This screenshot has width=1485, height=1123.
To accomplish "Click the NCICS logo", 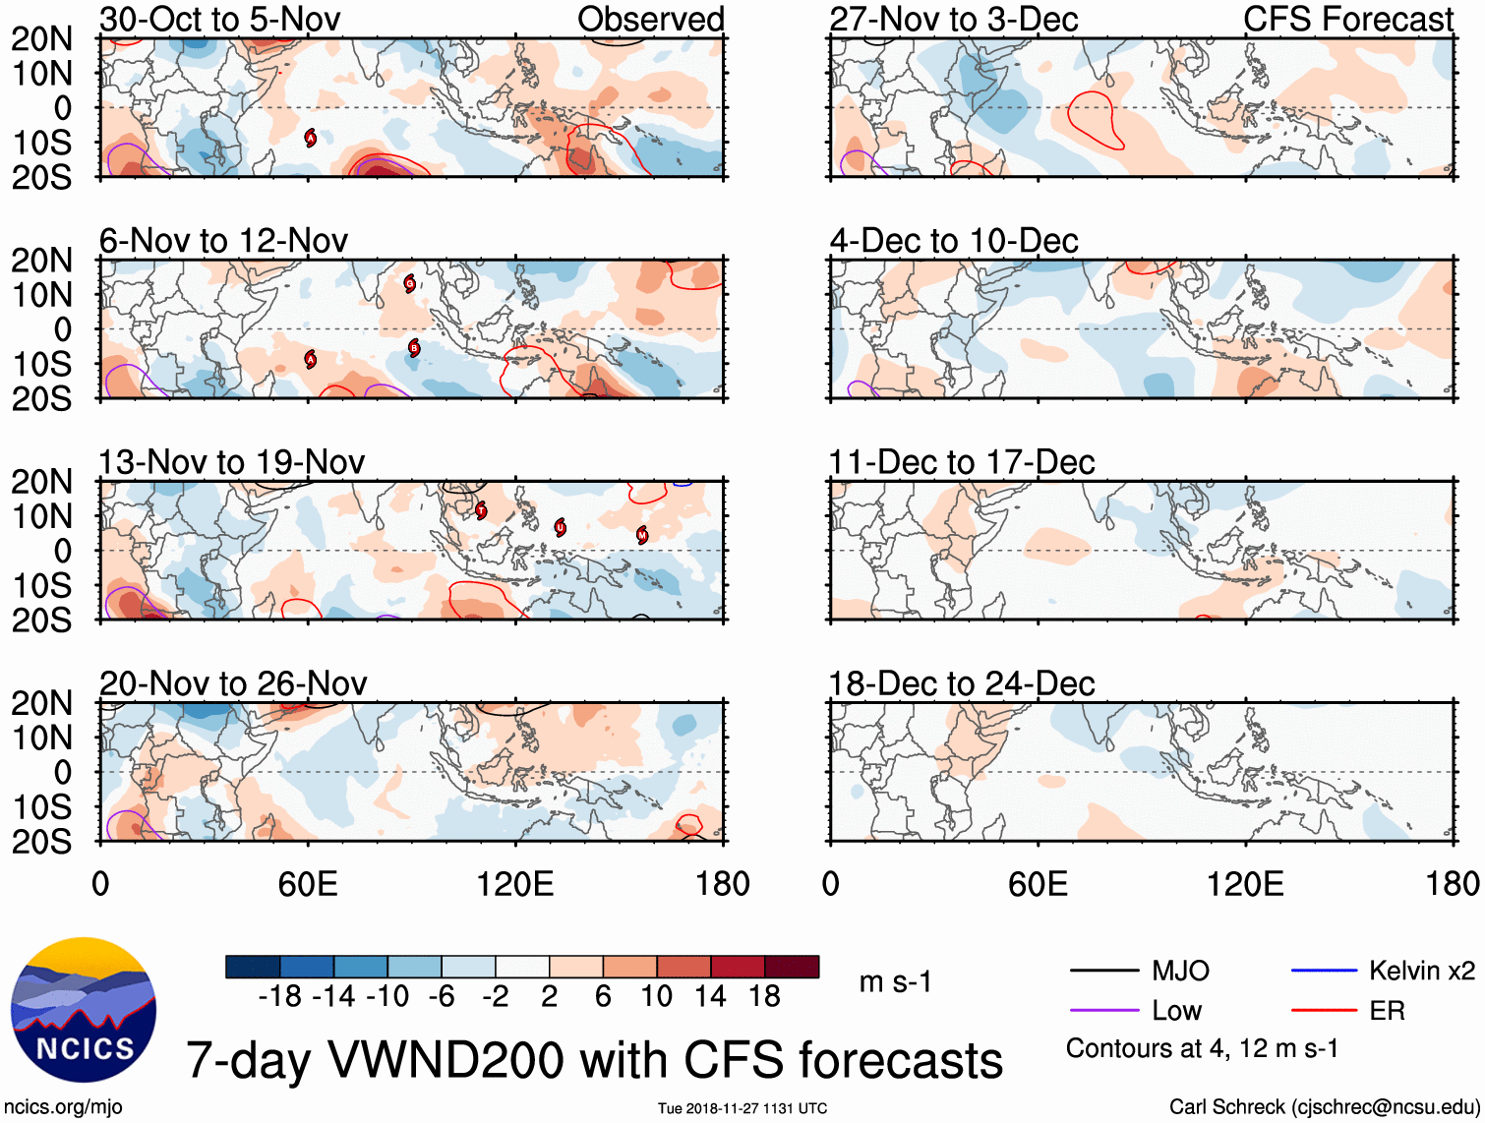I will pyautogui.click(x=84, y=1011).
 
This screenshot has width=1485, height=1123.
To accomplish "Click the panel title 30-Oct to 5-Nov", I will pyautogui.click(x=219, y=19).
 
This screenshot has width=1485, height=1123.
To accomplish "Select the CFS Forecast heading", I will pyautogui.click(x=1347, y=19).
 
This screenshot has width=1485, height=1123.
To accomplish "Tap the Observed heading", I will pyautogui.click(x=650, y=19).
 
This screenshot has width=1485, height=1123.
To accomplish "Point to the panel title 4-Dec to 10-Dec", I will pyautogui.click(x=953, y=241).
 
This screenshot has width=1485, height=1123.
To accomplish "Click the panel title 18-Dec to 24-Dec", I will pyautogui.click(x=961, y=683).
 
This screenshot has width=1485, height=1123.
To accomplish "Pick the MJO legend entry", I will pyautogui.click(x=1180, y=972).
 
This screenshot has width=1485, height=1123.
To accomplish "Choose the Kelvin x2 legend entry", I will pyautogui.click(x=1421, y=972).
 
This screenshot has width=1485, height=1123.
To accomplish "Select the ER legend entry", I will pyautogui.click(x=1387, y=1011).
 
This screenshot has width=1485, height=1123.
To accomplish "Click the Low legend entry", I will pyautogui.click(x=1176, y=1011).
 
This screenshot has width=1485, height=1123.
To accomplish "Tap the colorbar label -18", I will pyautogui.click(x=279, y=997).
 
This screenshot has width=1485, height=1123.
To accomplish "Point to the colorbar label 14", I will pyautogui.click(x=710, y=997).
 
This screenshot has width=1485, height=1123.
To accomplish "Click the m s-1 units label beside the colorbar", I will pyautogui.click(x=895, y=982).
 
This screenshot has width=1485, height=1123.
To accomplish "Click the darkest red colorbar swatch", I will pyautogui.click(x=792, y=967).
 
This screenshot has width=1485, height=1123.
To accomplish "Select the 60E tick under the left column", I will pyautogui.click(x=308, y=884).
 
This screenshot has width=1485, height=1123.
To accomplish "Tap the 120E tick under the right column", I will pyautogui.click(x=1245, y=884).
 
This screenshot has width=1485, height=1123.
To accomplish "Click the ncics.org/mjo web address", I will pyautogui.click(x=64, y=1107).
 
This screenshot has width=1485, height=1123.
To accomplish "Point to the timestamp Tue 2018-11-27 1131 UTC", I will pyautogui.click(x=742, y=1108).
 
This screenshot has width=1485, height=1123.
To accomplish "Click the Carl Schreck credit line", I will pyautogui.click(x=1324, y=1107).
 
